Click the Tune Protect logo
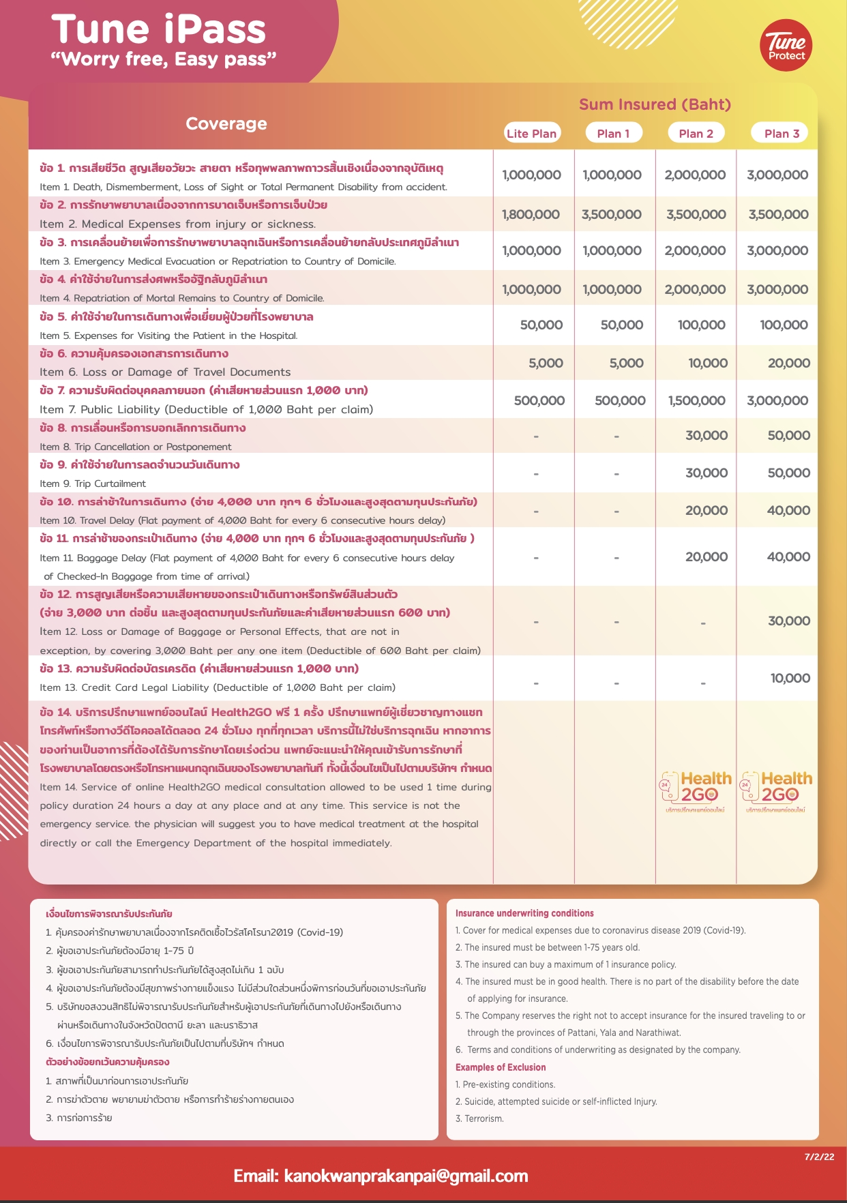[x=786, y=46]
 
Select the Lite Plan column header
[x=531, y=134]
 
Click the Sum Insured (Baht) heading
[x=655, y=104]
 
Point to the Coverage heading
[x=226, y=123]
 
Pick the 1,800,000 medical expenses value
[x=531, y=214]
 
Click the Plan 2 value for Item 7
[x=696, y=400]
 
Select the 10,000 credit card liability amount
[x=790, y=678]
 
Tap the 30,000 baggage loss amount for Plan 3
[x=789, y=621]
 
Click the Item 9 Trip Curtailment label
[x=93, y=484]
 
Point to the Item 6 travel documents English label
[x=165, y=372]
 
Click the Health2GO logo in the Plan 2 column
[x=696, y=791]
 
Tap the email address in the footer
[x=381, y=1176]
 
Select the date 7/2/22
[x=819, y=1157]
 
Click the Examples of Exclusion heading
[x=501, y=1067]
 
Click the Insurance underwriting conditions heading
[x=524, y=913]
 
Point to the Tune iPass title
[x=159, y=30]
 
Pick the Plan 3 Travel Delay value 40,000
[x=788, y=510]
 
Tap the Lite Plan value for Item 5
[x=541, y=325]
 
